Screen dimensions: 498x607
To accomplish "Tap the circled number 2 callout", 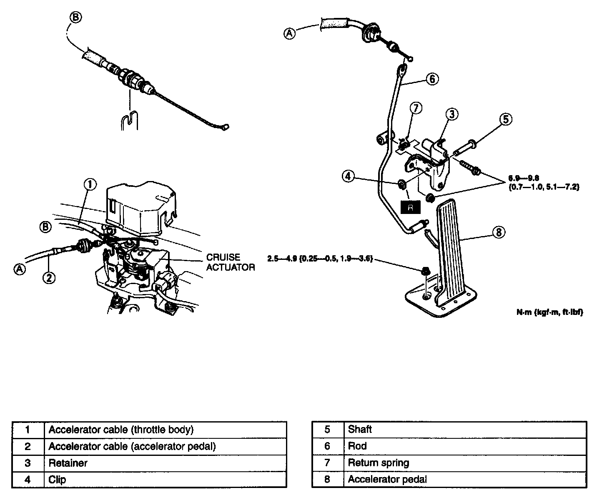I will click(x=49, y=277).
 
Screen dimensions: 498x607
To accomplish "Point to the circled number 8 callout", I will click(x=499, y=232).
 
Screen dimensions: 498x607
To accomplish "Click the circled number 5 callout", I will click(x=505, y=119).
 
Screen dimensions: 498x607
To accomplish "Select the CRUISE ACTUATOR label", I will click(x=230, y=262).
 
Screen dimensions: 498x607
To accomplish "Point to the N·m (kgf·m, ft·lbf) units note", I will click(x=549, y=312).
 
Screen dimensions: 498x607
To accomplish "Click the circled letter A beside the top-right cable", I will click(x=290, y=33).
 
